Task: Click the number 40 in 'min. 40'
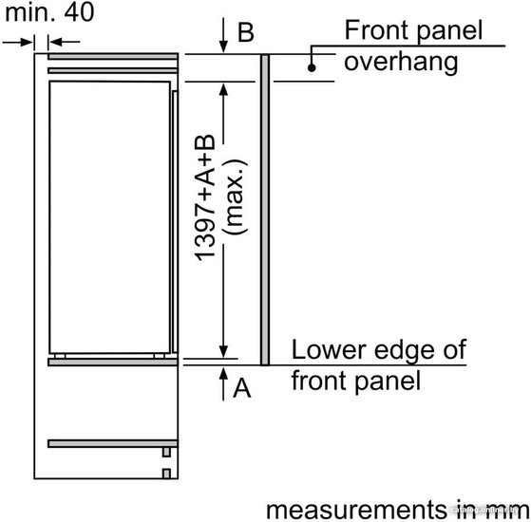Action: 79,12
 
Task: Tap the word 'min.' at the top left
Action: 29,12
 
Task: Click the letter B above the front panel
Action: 245,32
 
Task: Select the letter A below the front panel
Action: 242,388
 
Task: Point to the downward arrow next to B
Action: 223,35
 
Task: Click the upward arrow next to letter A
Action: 223,384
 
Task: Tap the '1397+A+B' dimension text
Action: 205,198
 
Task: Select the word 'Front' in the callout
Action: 376,30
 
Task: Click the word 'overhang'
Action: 401,63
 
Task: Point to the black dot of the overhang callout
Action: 312,67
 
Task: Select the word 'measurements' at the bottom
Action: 356,510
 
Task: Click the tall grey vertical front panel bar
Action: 265,210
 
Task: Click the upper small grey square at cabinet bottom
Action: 166,452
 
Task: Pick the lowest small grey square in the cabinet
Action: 166,474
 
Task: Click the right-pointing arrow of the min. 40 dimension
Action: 18,42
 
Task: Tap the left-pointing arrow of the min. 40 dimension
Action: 65,42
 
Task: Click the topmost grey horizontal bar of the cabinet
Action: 113,56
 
